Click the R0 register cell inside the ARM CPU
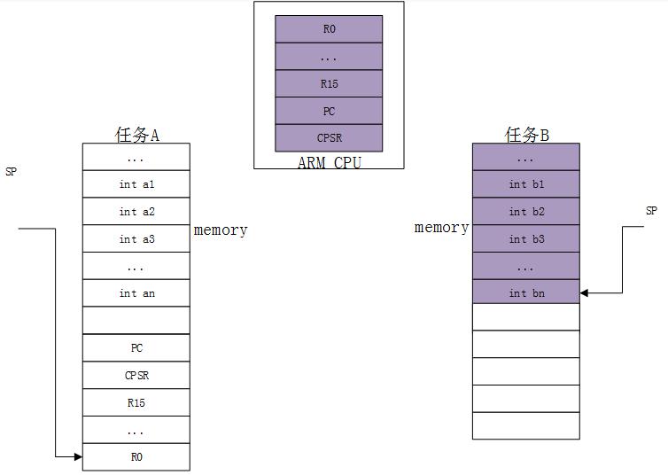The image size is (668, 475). point(329,29)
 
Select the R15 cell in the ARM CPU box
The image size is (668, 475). point(329,84)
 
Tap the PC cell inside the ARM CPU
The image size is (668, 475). point(329,112)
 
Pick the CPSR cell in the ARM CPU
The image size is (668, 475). point(329,138)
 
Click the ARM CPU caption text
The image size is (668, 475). point(329,163)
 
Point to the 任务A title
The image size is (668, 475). point(136,135)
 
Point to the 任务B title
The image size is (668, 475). point(526,135)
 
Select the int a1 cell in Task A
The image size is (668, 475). point(136,184)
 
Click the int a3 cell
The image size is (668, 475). point(136,239)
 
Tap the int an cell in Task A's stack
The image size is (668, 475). point(136,293)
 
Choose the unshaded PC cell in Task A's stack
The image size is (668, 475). point(136,348)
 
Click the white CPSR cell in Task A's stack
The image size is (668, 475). point(136,375)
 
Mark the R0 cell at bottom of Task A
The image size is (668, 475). point(136,457)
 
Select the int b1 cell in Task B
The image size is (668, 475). point(526,184)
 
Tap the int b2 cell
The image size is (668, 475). point(526,212)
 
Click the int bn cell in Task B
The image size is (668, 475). point(526,293)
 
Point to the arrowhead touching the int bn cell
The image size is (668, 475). point(585,293)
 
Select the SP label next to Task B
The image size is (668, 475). point(651,211)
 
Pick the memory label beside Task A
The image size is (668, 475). point(221,230)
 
